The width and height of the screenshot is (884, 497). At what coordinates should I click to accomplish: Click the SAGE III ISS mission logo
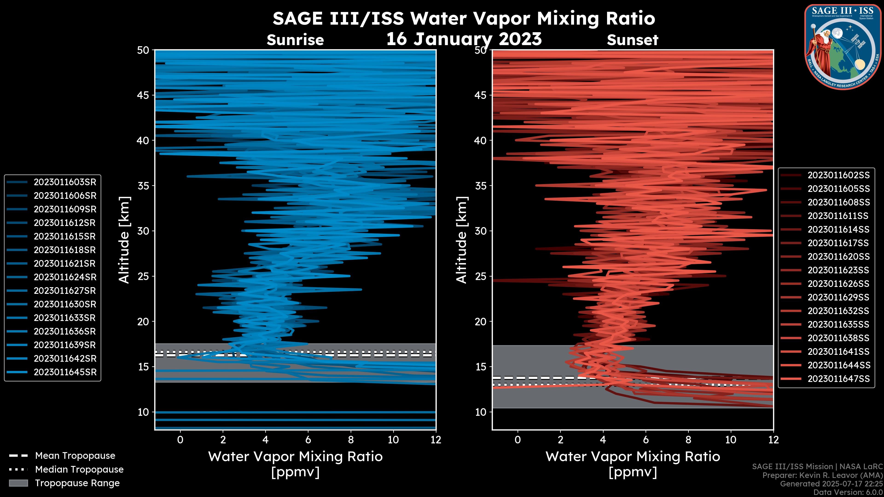pyautogui.click(x=843, y=47)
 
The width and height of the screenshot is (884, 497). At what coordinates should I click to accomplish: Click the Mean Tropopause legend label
pyautogui.click(x=75, y=456)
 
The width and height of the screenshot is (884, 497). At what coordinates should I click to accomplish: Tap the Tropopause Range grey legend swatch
pyautogui.click(x=18, y=483)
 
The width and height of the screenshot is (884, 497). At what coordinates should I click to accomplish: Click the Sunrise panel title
pyautogui.click(x=295, y=40)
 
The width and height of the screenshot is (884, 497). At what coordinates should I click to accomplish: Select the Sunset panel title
pyautogui.click(x=632, y=40)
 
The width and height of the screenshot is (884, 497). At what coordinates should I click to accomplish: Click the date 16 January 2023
pyautogui.click(x=464, y=39)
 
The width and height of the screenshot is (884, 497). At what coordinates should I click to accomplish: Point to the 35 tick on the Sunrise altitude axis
pyautogui.click(x=143, y=186)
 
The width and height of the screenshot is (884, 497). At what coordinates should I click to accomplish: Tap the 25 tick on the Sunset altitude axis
pyautogui.click(x=481, y=276)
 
